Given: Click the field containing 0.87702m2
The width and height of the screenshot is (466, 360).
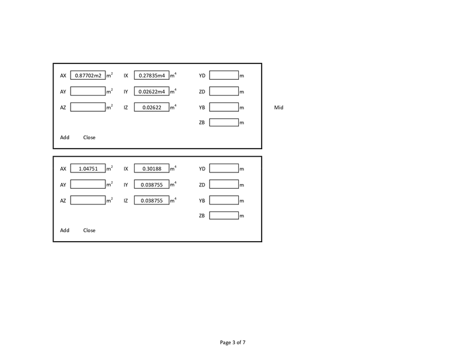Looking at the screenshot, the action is tap(88, 75).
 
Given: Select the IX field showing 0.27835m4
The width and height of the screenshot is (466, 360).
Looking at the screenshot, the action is tap(151, 75).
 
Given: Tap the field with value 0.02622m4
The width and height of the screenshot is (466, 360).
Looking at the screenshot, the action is tap(151, 91).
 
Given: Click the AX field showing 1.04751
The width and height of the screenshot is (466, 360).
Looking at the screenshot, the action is tap(88, 168).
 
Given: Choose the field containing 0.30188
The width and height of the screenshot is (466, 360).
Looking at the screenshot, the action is tap(151, 168).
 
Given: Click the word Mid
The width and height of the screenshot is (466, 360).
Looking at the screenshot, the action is tap(278, 107).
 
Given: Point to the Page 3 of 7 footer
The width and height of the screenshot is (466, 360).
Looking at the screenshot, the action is tap(232, 342).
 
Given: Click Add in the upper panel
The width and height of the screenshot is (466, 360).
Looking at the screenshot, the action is tap(65, 137).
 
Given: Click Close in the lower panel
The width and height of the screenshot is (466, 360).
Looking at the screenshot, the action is tap(89, 230).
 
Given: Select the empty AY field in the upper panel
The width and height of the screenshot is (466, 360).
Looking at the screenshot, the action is tap(88, 91).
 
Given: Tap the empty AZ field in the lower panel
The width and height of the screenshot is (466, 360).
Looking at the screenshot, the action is tap(88, 200).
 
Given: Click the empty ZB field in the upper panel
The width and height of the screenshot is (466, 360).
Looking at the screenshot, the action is tap(224, 122).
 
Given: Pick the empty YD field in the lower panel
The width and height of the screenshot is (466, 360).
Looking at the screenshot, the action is tap(224, 168).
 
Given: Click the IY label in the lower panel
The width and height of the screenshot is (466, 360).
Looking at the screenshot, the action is tap(126, 185).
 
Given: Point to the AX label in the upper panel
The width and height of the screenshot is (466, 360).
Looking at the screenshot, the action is tap(63, 76).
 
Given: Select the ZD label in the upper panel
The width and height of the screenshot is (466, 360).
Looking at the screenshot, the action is tap(202, 91).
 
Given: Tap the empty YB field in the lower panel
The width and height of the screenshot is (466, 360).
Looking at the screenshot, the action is tap(224, 200).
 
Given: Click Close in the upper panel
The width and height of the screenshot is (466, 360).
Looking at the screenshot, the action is tap(89, 137).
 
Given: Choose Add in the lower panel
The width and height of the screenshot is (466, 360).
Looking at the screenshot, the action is tap(65, 230).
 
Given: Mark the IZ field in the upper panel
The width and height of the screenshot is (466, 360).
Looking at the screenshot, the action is tap(151, 107).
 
